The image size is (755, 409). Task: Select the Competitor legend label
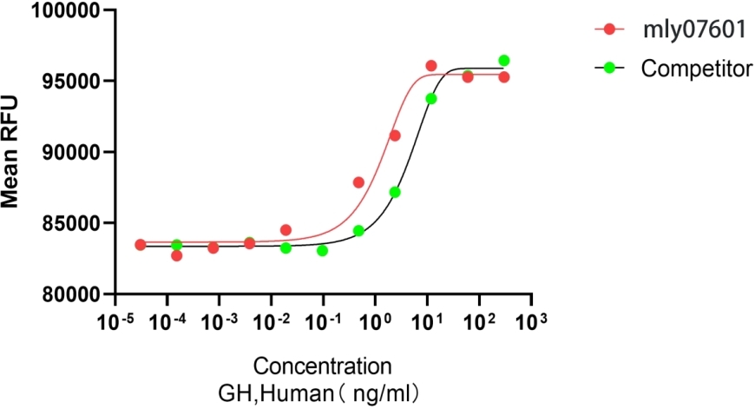click(696, 68)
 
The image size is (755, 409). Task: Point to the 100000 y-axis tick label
click(64, 11)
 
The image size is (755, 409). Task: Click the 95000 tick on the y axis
click(68, 82)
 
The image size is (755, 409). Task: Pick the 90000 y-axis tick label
click(68, 153)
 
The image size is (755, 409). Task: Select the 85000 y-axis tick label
click(68, 223)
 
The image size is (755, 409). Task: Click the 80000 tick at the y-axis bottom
click(68, 294)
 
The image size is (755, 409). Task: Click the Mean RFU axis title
click(11, 153)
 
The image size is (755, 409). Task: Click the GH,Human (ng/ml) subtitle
click(323, 392)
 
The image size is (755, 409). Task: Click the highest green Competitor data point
click(503, 61)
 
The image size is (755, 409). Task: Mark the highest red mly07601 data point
click(431, 66)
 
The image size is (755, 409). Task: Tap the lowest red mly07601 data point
click(177, 255)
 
